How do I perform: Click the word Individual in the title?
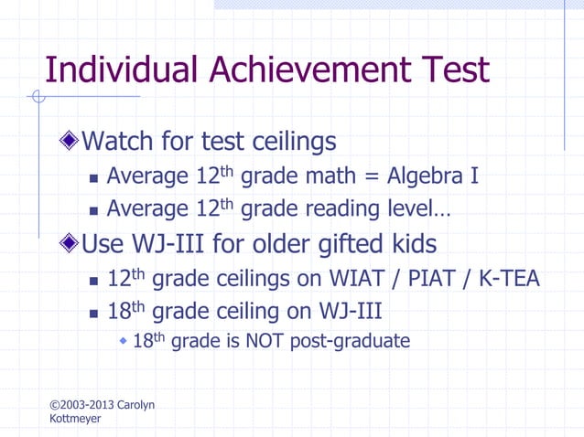click(119, 70)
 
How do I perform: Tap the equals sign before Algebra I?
click(369, 176)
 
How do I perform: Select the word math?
click(330, 175)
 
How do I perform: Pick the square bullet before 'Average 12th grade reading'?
click(92, 210)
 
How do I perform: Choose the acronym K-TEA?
click(506, 278)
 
